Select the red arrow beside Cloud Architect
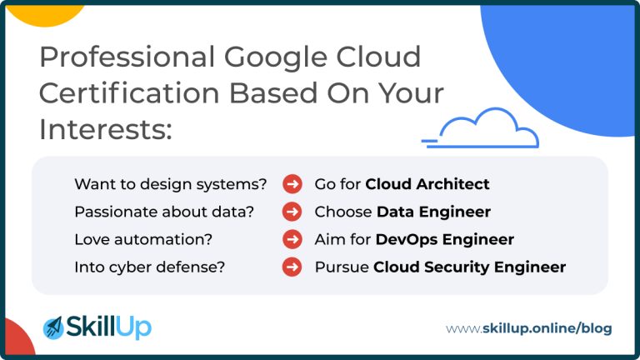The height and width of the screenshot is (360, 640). point(292,184)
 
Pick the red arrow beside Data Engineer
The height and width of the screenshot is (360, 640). point(292,212)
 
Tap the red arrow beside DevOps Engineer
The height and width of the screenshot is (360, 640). point(292,239)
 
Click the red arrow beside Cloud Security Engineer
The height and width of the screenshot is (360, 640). point(292,267)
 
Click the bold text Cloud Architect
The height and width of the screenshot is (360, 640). point(427,184)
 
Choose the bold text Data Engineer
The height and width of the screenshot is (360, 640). point(433,212)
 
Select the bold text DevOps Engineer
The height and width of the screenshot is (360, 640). point(445,239)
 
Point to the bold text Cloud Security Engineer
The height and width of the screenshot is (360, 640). point(469,267)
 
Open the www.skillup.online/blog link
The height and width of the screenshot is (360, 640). point(528,328)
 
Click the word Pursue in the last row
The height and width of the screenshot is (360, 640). point(341,267)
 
